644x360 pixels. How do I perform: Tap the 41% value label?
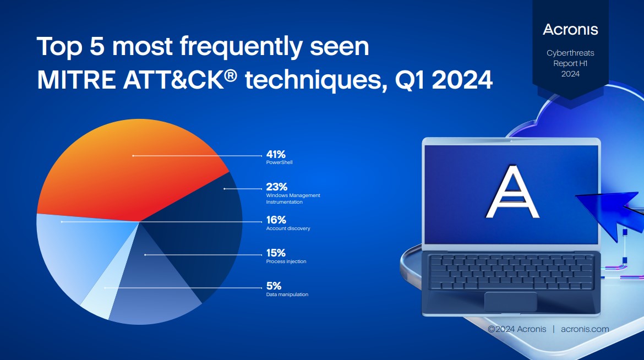(276, 154)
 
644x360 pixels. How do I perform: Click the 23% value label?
(276, 187)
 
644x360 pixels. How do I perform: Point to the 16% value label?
(276, 220)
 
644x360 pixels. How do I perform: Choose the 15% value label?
(276, 253)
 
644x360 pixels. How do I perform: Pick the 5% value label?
(274, 286)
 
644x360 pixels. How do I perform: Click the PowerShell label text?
(279, 162)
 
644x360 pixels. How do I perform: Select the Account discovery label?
(288, 228)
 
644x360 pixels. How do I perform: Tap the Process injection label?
(286, 261)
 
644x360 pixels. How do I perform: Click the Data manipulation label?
(287, 294)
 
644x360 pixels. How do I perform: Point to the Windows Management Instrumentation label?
(293, 199)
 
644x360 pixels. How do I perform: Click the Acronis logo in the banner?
(570, 30)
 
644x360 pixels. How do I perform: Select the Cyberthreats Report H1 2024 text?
(570, 63)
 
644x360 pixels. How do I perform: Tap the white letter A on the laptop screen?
(512, 192)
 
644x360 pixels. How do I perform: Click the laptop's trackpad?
(510, 302)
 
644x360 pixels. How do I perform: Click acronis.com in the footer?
(585, 329)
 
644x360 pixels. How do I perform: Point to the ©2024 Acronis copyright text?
(517, 329)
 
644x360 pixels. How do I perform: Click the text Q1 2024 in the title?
(444, 80)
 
